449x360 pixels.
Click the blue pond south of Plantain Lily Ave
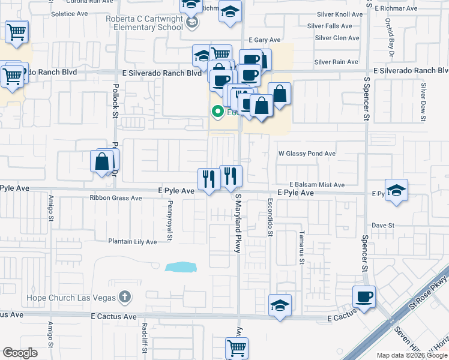tap(181, 266)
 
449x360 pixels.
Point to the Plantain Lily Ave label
tap(132, 242)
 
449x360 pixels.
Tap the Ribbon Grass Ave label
tap(116, 197)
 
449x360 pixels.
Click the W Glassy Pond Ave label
tap(307, 154)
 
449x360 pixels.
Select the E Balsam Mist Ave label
tap(316, 185)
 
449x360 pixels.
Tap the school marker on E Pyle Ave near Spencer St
tap(396, 191)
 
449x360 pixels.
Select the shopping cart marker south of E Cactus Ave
tap(237, 347)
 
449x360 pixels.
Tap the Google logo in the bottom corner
tap(20, 353)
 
